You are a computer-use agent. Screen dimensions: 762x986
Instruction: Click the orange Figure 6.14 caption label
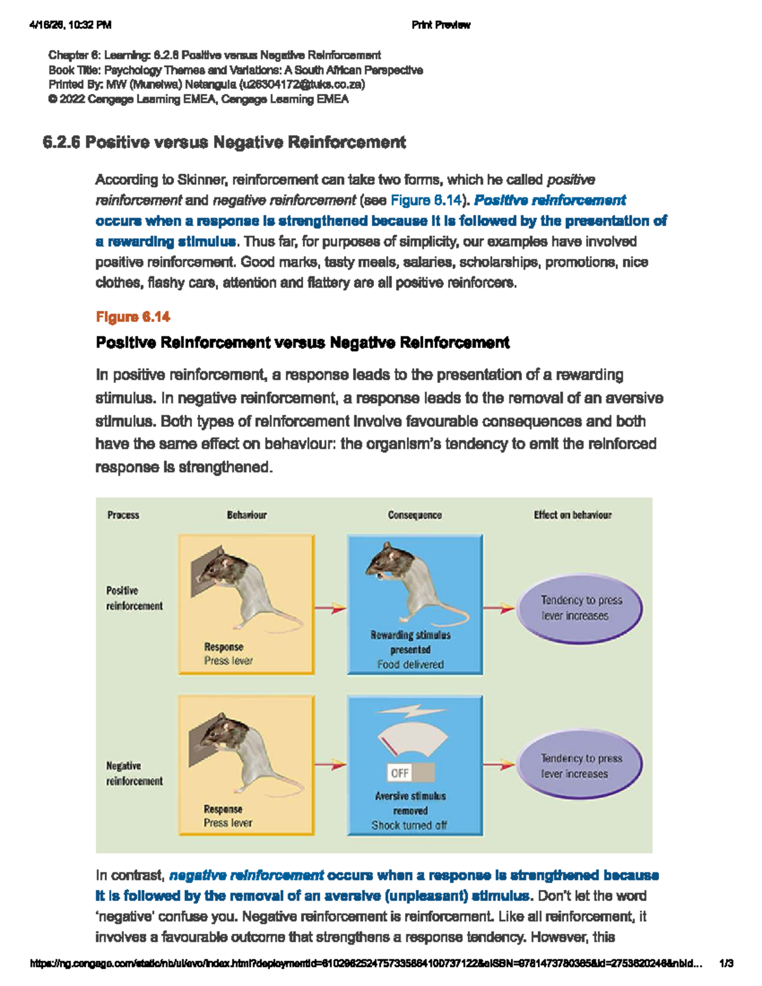133,317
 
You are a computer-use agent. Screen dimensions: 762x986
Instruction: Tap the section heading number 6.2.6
61,142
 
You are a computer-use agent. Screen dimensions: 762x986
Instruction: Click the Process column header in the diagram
123,515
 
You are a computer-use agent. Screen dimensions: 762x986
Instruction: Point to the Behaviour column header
246,515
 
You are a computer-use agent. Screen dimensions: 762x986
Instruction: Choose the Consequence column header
415,515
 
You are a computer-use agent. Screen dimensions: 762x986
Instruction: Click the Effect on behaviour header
572,515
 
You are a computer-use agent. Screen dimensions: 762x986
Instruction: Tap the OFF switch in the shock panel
411,772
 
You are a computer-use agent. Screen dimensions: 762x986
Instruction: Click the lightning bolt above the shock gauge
411,711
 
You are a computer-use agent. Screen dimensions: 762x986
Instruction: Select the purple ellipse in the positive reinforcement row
580,608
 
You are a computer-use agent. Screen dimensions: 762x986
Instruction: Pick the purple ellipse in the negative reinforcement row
580,766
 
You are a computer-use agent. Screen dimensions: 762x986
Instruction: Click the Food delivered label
410,664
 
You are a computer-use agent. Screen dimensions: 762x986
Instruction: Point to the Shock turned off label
409,825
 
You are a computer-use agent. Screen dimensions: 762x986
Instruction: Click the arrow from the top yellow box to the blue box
330,608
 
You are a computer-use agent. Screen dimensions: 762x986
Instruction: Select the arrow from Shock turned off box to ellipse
498,765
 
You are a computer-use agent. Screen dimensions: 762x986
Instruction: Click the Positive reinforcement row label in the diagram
135,598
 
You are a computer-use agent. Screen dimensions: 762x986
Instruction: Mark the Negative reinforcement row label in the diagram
135,773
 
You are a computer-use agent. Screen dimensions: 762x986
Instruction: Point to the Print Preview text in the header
441,25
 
